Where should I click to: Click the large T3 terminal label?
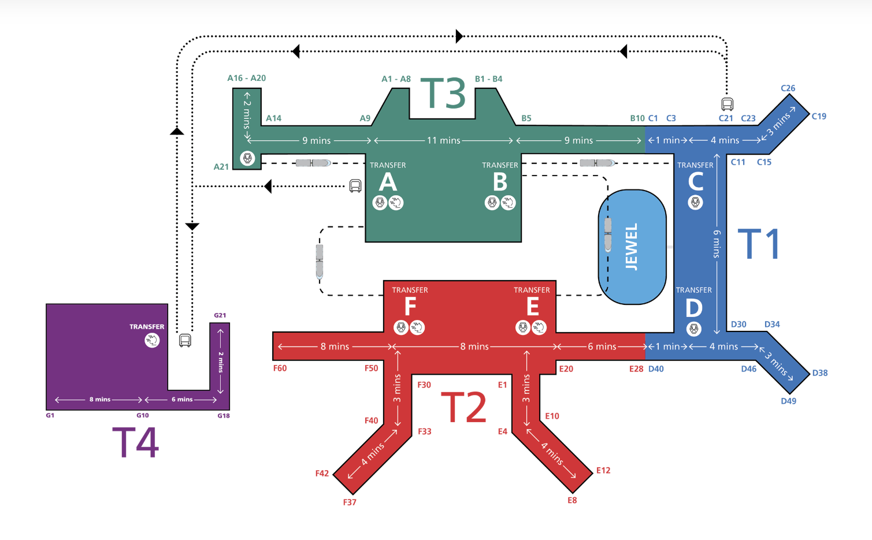(443, 94)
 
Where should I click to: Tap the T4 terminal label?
(135, 442)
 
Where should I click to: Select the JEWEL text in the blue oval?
(632, 247)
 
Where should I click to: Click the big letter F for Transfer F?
(410, 307)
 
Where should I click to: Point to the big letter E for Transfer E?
(532, 307)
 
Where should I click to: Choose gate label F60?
(280, 368)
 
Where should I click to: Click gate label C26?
(788, 88)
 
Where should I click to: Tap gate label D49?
(788, 401)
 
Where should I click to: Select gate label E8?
(572, 500)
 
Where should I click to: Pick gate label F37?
(350, 502)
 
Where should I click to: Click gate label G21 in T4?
(220, 315)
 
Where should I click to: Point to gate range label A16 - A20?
(246, 78)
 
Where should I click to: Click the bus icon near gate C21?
(727, 104)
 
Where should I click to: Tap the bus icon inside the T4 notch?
(185, 340)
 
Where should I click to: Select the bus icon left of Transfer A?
(355, 186)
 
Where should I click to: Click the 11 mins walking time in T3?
(443, 140)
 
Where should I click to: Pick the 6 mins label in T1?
(717, 244)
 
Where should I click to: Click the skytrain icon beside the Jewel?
(607, 234)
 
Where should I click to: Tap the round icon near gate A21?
(247, 158)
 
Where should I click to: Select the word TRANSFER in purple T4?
(147, 327)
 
